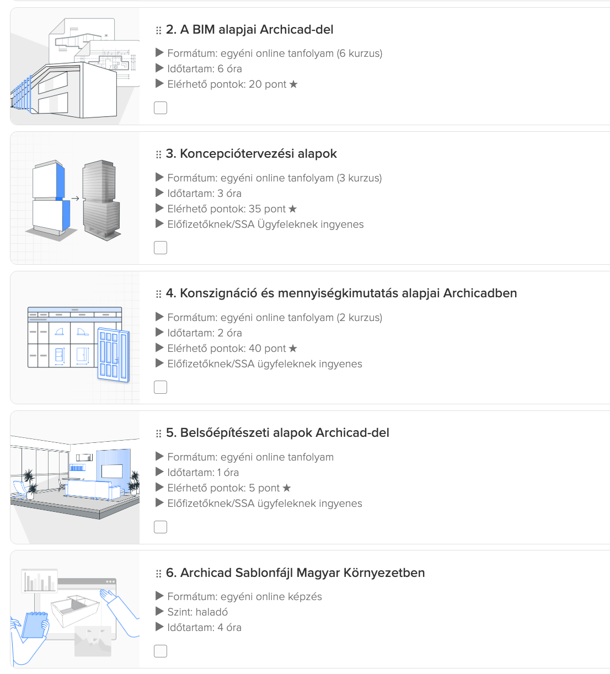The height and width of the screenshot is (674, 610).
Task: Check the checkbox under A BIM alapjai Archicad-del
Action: [x=160, y=108]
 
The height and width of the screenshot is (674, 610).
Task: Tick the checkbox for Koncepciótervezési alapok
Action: [x=160, y=248]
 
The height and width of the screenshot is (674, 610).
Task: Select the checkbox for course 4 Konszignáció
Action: [x=160, y=387]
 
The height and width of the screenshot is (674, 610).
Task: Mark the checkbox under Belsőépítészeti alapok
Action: [x=160, y=527]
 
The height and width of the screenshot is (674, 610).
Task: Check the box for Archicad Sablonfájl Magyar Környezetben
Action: [x=160, y=651]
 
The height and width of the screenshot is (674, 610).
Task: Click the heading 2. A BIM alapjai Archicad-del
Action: [x=249, y=30]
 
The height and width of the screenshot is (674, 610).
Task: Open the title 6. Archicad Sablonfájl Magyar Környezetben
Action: [x=295, y=573]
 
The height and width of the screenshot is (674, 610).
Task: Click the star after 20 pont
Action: [x=293, y=84]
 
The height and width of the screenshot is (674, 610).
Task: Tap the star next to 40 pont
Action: [x=293, y=348]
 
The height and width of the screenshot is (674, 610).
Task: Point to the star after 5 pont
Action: [x=286, y=488]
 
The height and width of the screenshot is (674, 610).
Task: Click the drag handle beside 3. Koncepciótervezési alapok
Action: [x=159, y=154]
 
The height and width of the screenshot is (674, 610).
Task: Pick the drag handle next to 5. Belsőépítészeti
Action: [x=159, y=434]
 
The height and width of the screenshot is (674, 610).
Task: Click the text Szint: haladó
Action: [x=197, y=612]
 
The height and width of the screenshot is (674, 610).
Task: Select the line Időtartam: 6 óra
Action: [x=205, y=68]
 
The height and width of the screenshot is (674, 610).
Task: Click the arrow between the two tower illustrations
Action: [x=75, y=199]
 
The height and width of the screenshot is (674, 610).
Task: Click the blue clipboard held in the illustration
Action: [x=35, y=625]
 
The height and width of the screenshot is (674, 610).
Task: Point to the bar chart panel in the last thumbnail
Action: [x=39, y=580]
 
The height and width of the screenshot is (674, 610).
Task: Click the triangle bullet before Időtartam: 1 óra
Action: [x=159, y=472]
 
